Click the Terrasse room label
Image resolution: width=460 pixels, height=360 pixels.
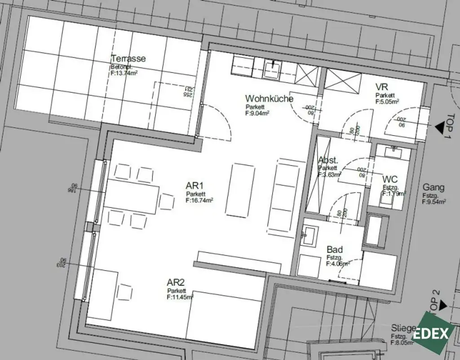[x=128, y=59]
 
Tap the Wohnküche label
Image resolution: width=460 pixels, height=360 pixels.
[x=269, y=98]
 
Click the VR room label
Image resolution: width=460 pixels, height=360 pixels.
[x=382, y=87]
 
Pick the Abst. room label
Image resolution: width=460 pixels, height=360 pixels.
[x=328, y=160]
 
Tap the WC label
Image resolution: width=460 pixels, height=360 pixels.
[x=390, y=180]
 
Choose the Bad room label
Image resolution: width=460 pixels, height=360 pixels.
[x=335, y=250]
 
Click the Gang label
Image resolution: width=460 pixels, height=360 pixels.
[x=433, y=188]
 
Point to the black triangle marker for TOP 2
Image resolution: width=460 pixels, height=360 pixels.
[x=442, y=306]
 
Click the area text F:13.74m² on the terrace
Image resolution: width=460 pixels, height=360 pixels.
[x=124, y=73]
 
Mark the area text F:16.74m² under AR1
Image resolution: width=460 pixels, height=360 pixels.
[x=199, y=201]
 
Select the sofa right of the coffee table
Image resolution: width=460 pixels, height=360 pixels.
[x=283, y=196]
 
